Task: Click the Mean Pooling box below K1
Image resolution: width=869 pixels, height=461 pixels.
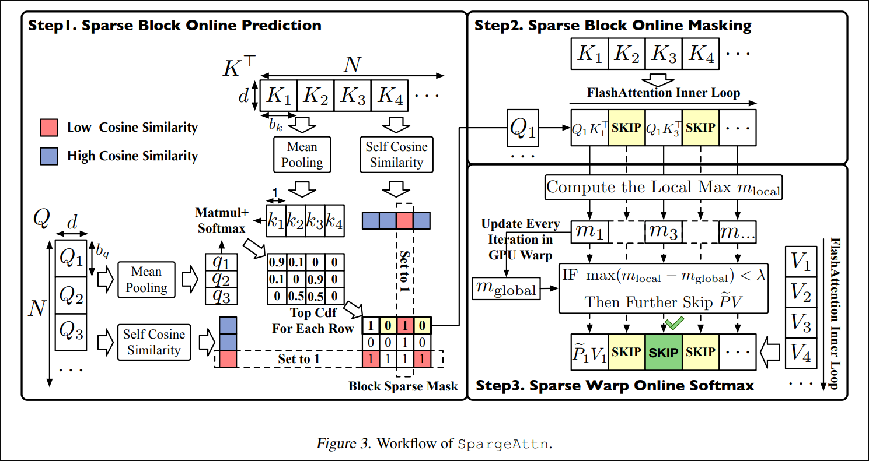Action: point(302,154)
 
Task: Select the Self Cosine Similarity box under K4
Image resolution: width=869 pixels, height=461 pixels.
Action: point(396,154)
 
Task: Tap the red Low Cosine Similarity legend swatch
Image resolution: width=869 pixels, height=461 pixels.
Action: point(48,127)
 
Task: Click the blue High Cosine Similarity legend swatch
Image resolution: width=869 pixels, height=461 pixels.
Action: point(48,156)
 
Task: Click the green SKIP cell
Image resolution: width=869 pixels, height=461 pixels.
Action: point(664,352)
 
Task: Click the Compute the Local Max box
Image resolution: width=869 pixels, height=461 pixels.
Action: point(664,188)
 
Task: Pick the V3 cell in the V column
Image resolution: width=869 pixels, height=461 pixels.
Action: point(800,325)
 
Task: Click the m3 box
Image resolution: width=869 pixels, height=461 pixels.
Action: point(664,232)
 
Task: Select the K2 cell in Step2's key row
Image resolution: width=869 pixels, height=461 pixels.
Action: point(626,54)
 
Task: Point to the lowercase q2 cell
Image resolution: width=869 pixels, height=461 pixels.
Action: point(221,279)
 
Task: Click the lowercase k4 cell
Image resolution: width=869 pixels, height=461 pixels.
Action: point(334,221)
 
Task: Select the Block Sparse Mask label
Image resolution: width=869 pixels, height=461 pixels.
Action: point(403,386)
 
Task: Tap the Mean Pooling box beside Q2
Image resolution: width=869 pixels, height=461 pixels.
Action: point(146,279)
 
